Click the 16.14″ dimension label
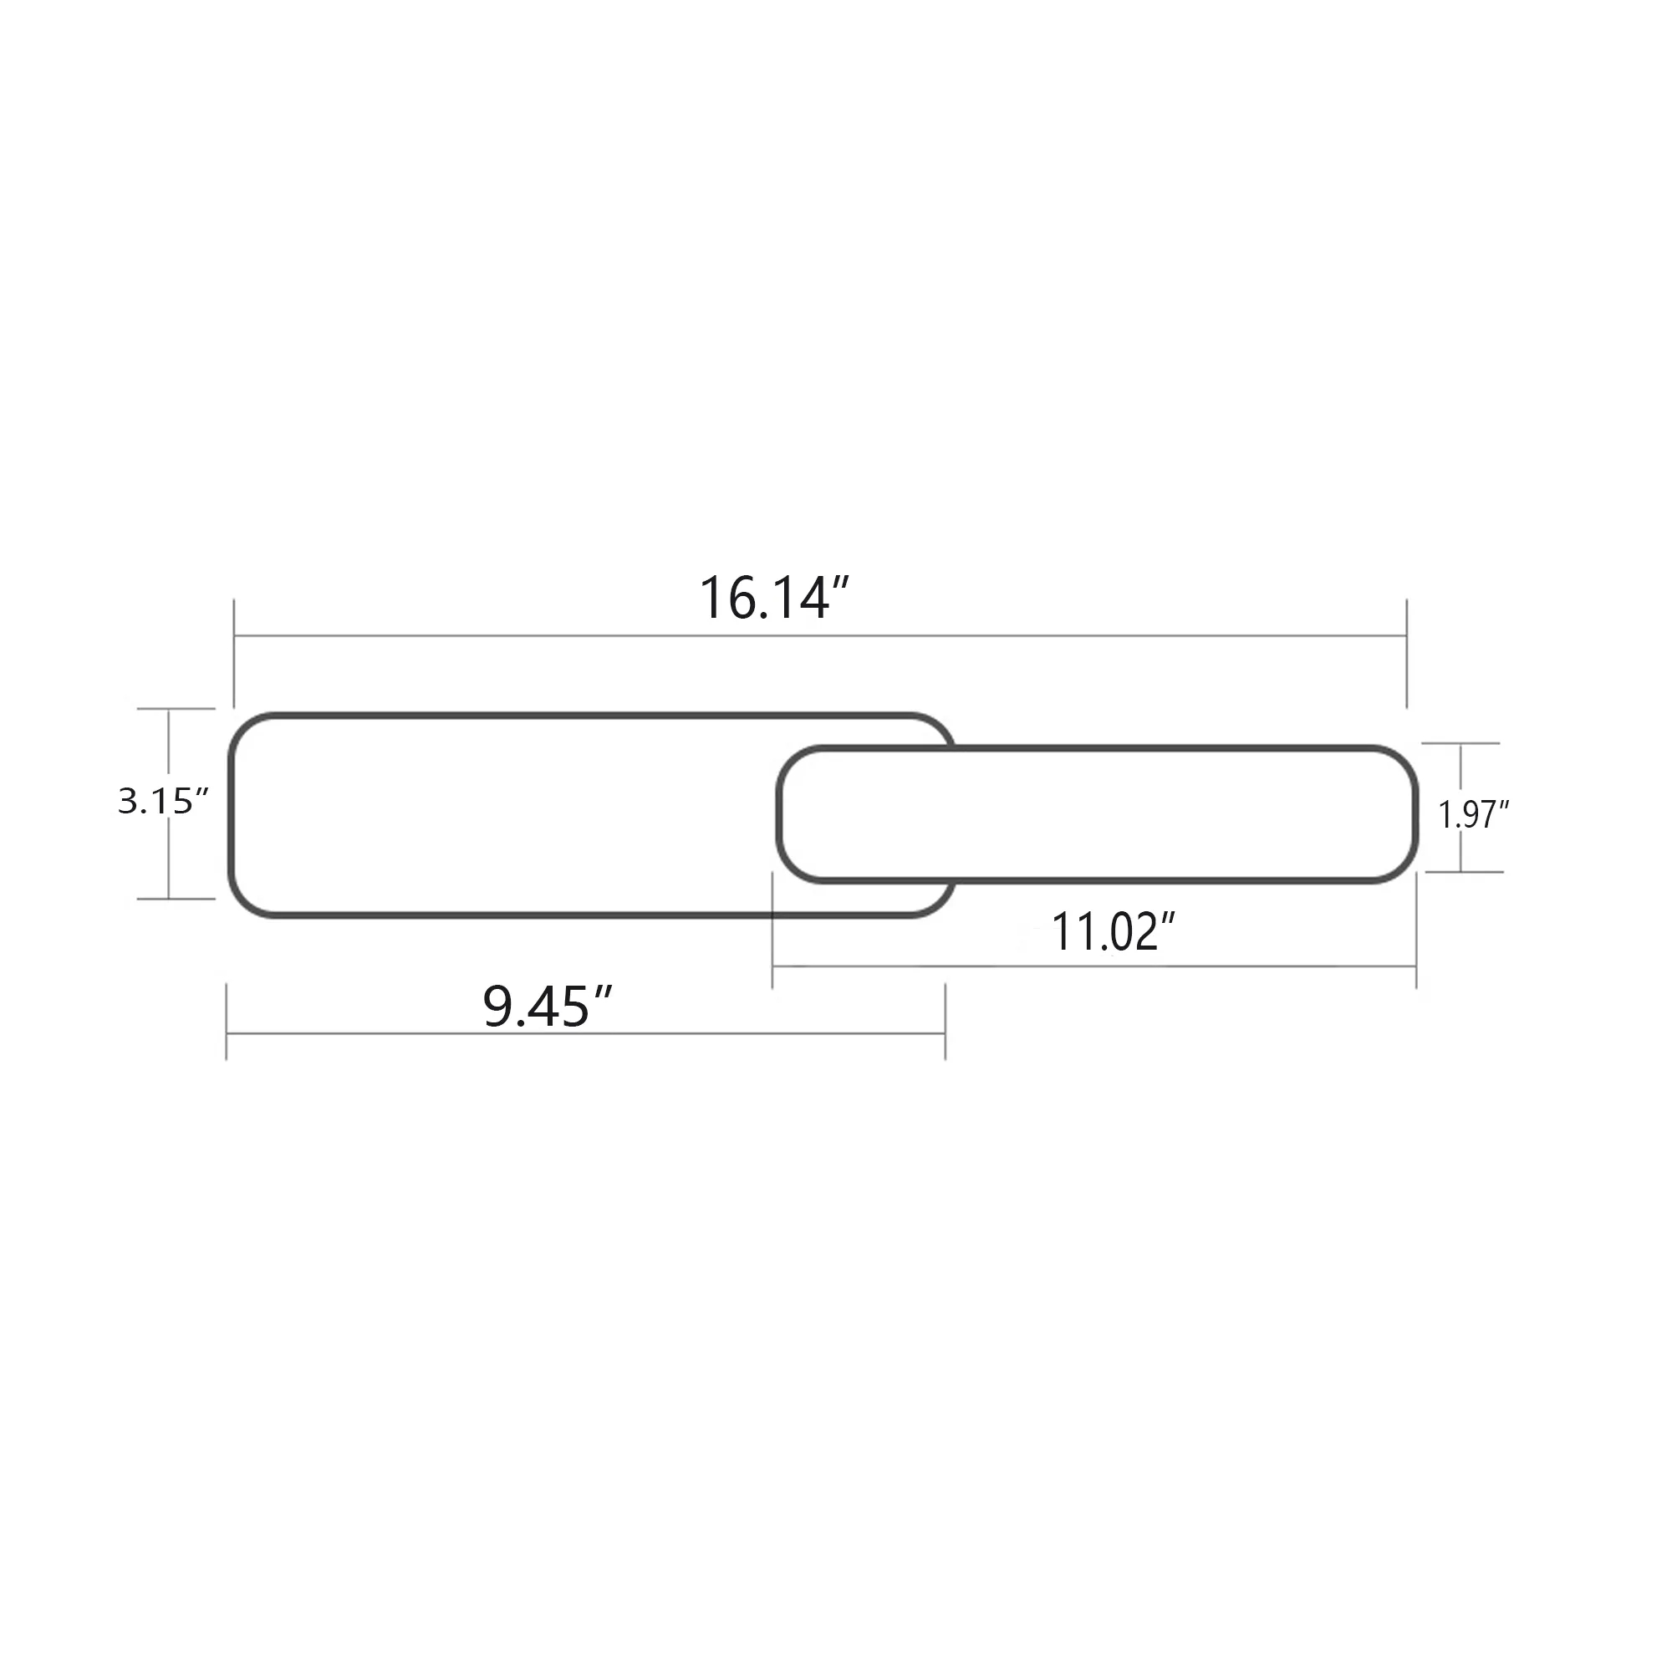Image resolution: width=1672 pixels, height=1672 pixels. pos(775,599)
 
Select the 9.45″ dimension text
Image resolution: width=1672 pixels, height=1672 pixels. pos(547,1007)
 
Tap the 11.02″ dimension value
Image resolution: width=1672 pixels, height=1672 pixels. pos(1113,931)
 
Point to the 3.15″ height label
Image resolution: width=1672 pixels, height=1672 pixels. pos(164,802)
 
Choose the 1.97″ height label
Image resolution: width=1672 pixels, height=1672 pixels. pos(1473,814)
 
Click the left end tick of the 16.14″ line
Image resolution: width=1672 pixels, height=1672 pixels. pos(235,654)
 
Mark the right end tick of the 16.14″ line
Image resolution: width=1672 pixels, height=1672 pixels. pos(1406,654)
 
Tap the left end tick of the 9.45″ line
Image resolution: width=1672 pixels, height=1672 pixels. pos(227,1022)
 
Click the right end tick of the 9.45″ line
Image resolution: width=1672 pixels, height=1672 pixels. pos(945,1022)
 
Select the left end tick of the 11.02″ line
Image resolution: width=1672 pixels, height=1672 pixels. pos(772,930)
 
